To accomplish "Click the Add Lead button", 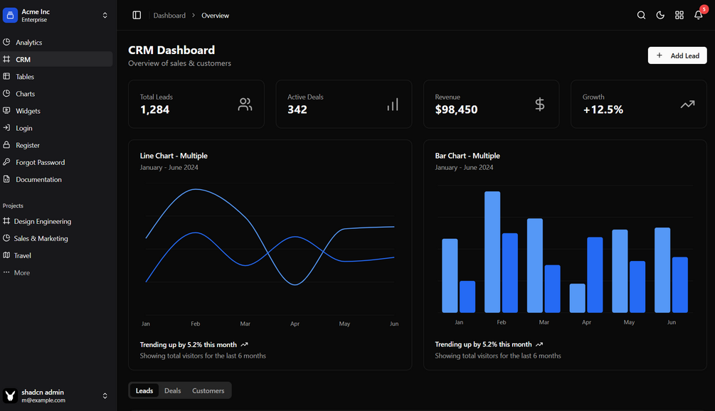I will coord(677,55).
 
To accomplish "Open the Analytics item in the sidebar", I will coord(29,43).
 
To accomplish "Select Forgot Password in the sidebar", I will coord(40,162).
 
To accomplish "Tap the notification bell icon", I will coord(699,15).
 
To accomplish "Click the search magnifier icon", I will coord(641,15).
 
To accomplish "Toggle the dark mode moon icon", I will coord(660,15).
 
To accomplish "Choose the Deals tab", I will coord(173,390).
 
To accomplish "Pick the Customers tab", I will coord(208,390).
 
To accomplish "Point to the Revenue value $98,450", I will coord(456,110).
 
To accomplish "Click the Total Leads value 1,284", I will coord(154,110).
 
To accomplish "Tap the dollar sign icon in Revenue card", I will coord(539,105).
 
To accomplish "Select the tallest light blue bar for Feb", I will coord(492,252).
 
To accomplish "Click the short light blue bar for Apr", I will coord(578,298).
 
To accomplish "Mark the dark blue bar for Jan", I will coord(467,297).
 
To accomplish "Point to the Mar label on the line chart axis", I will coord(245,324).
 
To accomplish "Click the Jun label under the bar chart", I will coord(672,322).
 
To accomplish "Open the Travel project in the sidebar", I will coord(23,255).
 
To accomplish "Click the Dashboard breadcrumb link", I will coord(169,16).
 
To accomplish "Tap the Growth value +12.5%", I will coord(603,110).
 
